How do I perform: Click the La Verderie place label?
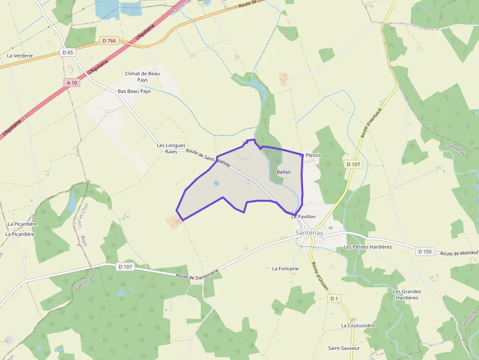(20, 56)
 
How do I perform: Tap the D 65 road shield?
(67, 52)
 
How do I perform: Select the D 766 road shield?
(109, 41)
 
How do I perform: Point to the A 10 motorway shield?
(71, 83)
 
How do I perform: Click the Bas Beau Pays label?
(134, 91)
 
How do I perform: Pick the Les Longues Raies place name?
(171, 148)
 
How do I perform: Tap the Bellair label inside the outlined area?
(283, 172)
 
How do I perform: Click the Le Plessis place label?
(310, 155)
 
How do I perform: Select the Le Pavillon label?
(304, 216)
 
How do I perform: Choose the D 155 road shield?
(426, 252)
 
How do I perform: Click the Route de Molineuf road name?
(459, 254)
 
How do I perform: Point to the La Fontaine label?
(285, 269)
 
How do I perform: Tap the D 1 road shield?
(334, 298)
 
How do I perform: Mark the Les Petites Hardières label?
(368, 247)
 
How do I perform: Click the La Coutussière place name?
(358, 325)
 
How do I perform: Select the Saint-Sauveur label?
(344, 348)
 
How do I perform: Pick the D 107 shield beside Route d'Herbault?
(353, 164)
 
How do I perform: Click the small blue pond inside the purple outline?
(216, 183)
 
